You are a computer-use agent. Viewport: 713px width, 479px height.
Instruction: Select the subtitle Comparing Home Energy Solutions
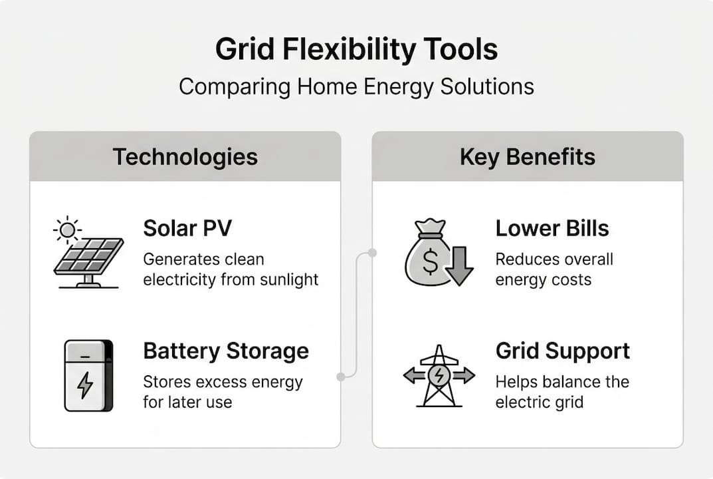356,86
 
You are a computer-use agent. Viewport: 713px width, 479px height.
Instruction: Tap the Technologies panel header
185,157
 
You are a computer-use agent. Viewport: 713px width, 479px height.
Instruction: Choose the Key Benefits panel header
528,157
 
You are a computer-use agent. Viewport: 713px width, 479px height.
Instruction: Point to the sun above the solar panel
67,230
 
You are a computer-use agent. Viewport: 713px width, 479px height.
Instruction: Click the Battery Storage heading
226,351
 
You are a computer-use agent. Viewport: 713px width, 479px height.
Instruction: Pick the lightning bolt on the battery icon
85,385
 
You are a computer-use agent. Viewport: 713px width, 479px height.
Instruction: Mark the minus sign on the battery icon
85,357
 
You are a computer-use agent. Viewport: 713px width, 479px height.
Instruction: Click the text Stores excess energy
223,383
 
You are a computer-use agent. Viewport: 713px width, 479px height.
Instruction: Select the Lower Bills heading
552,228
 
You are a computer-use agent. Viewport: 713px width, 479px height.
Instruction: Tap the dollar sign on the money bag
430,265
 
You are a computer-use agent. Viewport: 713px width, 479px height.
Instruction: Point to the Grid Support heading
562,351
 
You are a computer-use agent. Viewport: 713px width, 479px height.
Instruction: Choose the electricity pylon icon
439,376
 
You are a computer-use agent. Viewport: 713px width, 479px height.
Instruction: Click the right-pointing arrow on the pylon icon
463,376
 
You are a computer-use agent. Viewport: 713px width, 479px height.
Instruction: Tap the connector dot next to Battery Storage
342,377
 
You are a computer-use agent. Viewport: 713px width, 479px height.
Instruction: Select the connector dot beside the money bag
372,253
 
